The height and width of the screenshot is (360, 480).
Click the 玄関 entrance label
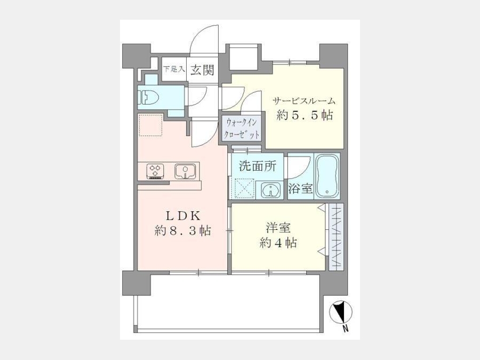202,70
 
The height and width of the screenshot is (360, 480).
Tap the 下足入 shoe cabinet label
174,69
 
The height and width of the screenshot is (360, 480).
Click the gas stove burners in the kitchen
156,171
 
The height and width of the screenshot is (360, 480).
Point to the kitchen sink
185,171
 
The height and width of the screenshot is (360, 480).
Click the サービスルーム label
304,101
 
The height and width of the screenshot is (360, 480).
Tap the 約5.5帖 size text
305,115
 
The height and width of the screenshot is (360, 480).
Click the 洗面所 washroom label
258,166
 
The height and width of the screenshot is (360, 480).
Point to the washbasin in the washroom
271,189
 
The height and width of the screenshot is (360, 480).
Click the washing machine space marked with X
243,188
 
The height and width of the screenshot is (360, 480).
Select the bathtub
327,176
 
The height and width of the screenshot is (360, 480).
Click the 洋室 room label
278,228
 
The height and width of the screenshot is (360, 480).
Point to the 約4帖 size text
278,243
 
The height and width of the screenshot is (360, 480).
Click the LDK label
183,216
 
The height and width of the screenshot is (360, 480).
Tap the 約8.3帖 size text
183,230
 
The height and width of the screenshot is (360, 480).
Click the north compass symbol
340,312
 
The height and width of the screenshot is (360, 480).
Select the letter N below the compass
345,330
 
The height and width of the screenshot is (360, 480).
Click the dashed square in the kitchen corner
150,125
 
